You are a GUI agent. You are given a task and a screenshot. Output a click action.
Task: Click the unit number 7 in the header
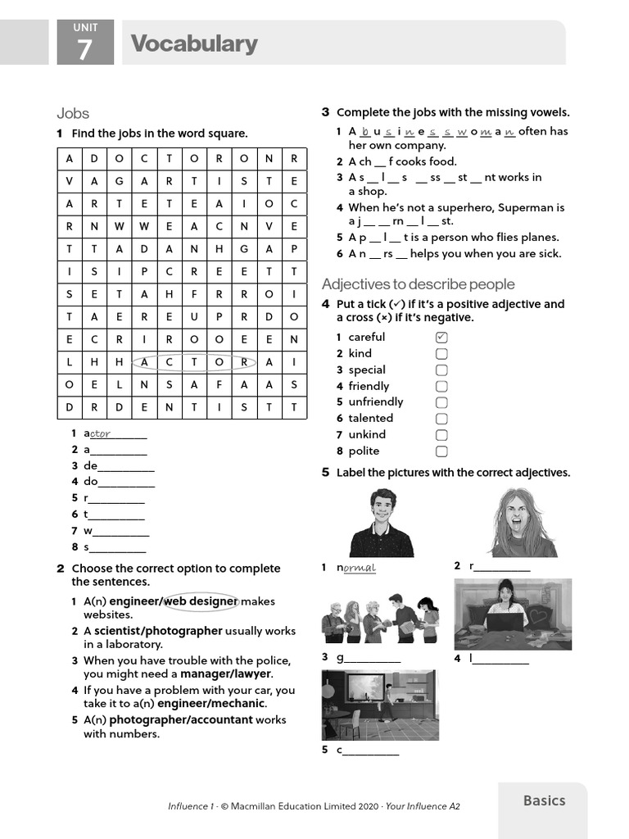tap(85, 50)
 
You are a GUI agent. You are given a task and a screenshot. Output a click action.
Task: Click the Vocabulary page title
tap(194, 43)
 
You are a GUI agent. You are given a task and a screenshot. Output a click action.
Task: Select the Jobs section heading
tap(73, 113)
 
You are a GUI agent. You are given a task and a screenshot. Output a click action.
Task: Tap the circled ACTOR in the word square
tap(193, 361)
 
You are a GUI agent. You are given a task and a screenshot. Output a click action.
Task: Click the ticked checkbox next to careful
tap(441, 338)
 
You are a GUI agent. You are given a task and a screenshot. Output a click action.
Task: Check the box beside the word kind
tap(441, 354)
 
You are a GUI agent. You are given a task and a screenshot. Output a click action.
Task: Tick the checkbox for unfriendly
tap(441, 402)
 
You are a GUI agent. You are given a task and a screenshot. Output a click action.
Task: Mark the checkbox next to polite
tap(441, 451)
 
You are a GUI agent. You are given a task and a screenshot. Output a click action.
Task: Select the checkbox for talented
tap(441, 419)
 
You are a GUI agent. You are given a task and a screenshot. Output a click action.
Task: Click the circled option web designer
tap(201, 601)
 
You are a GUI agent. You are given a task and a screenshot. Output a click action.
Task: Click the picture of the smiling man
tap(381, 522)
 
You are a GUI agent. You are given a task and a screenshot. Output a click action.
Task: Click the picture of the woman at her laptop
tap(513, 615)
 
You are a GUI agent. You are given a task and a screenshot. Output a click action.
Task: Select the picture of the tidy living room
tap(379, 705)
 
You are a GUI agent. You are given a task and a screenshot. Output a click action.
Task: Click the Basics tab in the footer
tap(544, 801)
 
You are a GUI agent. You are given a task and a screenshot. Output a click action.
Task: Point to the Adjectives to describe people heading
tap(418, 284)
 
